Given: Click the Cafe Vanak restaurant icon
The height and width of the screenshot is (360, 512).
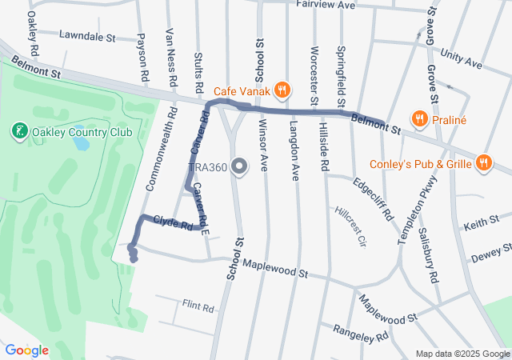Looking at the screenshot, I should pos(281,88).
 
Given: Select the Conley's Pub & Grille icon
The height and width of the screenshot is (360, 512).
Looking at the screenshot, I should pos(482,163).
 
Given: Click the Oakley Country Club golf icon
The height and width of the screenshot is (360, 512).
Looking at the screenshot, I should pos(20,130).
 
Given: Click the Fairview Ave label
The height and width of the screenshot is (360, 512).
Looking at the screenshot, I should pos(325,5).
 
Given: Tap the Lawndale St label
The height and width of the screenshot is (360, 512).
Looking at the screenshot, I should pos(88,37).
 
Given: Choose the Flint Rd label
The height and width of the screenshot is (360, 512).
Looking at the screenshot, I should pos(198,307).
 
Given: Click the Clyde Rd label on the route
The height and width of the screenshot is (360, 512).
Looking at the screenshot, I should pos(173,222).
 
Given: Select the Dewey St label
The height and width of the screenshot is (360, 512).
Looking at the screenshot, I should pos(491,255).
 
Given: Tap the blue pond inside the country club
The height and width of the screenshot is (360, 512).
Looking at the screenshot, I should pos(80,143).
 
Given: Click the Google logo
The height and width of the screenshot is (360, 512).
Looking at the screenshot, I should pos(26,350).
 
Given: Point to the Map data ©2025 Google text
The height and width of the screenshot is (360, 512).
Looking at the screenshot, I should pos(462,354).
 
